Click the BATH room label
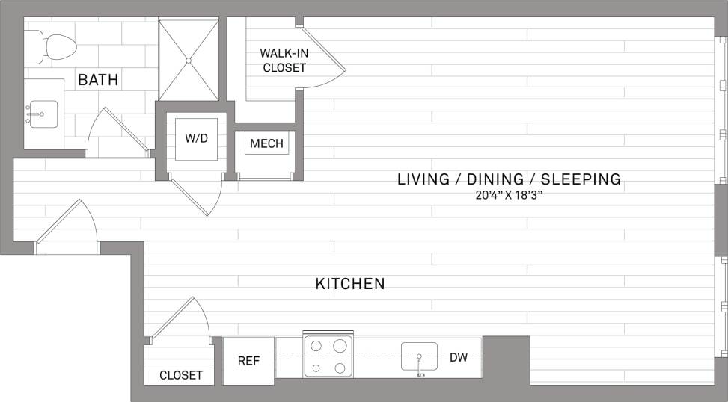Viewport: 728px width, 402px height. pos(98,79)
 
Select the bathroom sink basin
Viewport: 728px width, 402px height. pos(42,115)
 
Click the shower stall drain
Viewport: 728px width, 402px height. pos(189,60)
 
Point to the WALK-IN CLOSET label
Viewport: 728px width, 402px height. pos(283,60)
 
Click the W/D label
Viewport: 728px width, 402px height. pos(196,138)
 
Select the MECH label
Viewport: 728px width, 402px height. pos(266,143)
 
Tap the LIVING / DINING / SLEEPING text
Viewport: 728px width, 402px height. pos(509,179)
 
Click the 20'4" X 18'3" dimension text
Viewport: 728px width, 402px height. pos(509,196)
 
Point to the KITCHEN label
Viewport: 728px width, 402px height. pos(350,284)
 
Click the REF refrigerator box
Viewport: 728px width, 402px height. pos(248,360)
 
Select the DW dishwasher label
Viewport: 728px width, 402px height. pos(459,358)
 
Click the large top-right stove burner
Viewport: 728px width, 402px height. pos(340,346)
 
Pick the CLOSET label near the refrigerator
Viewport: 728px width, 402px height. pos(181,375)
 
